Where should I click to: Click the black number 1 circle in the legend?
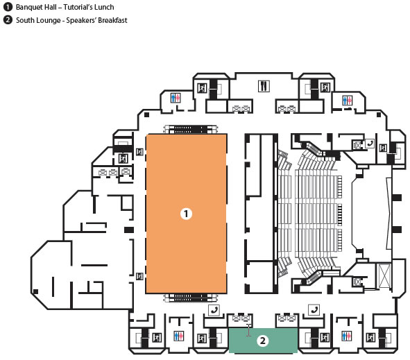click(x=8, y=7)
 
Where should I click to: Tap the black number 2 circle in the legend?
click(x=8, y=20)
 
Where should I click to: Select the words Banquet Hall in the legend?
click(x=36, y=7)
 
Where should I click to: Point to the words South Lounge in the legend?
click(x=38, y=20)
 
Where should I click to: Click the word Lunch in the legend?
click(x=104, y=7)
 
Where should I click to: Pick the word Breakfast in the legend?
click(x=112, y=20)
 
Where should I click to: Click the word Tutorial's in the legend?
click(x=78, y=7)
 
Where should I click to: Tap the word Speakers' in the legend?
click(x=81, y=20)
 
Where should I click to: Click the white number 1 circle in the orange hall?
click(x=186, y=214)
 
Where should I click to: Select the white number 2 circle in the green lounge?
click(x=262, y=341)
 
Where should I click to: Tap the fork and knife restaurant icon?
click(x=264, y=86)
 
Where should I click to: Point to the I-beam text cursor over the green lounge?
click(x=248, y=330)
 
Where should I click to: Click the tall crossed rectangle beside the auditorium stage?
click(x=384, y=276)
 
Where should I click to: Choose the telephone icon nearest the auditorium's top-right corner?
click(x=369, y=144)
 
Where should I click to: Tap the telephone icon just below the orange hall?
click(x=214, y=310)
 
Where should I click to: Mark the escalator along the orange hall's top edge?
click(x=190, y=130)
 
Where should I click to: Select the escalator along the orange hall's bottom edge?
click(x=190, y=298)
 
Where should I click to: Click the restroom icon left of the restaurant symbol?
click(x=176, y=98)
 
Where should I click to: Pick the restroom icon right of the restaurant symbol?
click(x=348, y=100)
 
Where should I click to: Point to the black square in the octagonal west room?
click(x=36, y=291)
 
